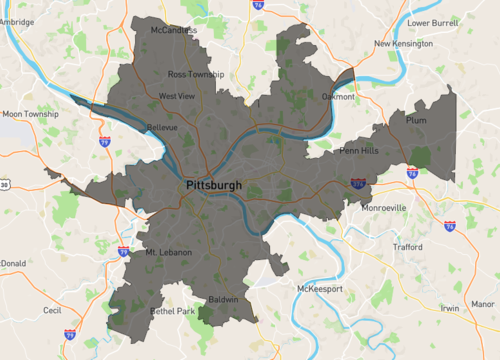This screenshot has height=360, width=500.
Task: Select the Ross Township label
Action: (196, 75)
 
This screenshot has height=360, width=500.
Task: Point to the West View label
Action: (176, 96)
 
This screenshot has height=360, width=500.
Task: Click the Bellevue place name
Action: (162, 128)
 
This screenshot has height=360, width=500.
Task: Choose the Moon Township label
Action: (30, 114)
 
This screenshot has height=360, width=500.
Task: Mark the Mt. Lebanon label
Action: (168, 252)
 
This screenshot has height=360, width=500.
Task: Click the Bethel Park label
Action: (173, 312)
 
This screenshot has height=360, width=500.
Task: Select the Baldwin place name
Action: (223, 299)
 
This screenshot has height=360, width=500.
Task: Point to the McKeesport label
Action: (319, 289)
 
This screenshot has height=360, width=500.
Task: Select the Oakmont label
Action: (337, 97)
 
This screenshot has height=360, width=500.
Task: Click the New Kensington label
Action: (403, 44)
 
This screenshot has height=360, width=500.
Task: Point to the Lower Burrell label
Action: (431, 20)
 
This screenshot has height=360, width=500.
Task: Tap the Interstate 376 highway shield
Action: (358, 183)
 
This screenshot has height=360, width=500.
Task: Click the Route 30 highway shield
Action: (4, 184)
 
